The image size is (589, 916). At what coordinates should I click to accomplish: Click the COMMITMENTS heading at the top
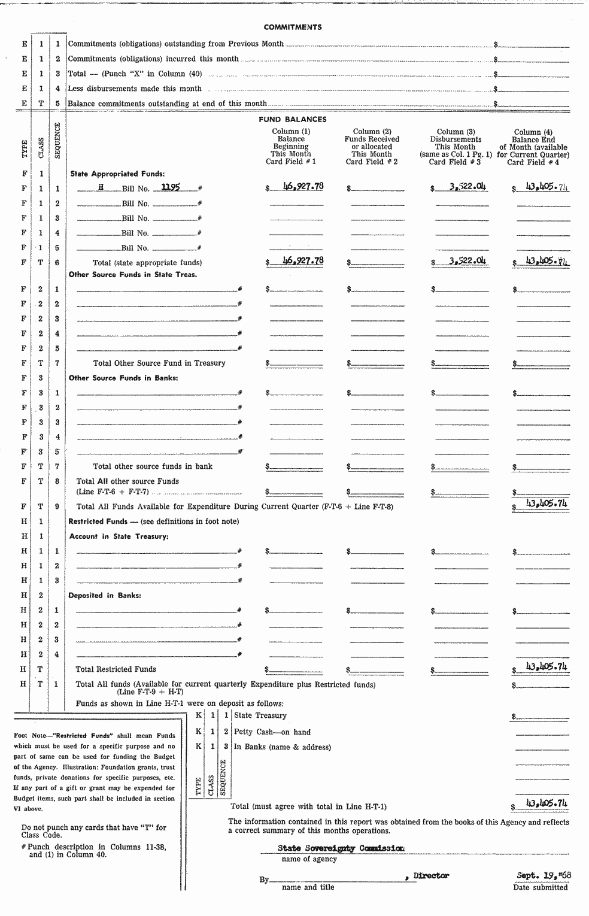293,27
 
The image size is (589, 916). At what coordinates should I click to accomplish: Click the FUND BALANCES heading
293,119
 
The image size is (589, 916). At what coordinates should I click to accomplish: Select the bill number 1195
171,187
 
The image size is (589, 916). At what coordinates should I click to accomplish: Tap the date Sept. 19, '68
544,875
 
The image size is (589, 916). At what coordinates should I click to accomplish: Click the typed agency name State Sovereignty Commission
341,848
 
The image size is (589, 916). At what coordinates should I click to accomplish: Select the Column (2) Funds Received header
372,147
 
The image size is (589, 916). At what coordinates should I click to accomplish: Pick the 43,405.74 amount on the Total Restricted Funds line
546,666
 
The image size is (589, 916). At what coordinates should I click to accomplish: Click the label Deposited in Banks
104,596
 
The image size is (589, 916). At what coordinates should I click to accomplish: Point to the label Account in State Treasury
119,536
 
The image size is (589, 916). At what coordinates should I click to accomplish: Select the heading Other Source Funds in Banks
123,378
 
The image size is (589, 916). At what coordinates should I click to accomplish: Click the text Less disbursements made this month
135,89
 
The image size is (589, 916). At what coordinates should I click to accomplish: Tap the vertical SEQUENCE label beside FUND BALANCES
57,140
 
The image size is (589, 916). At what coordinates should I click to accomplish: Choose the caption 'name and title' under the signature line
308,887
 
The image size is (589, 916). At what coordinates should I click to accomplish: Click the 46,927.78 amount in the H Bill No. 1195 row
302,186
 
